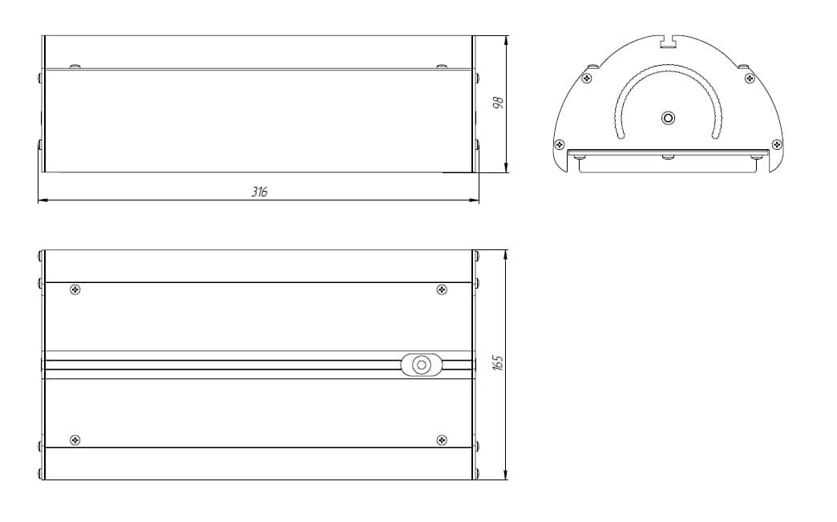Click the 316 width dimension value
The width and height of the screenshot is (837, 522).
[260, 192]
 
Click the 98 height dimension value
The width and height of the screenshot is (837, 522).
[498, 103]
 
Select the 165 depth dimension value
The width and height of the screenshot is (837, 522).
[498, 362]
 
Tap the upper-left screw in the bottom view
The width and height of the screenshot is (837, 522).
[75, 289]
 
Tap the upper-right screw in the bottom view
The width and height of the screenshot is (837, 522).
[442, 289]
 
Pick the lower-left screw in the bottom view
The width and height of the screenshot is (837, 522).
[75, 440]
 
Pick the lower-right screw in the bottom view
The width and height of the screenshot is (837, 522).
[442, 440]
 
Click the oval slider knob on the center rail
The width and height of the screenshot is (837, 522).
[422, 365]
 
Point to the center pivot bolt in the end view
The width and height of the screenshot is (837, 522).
[668, 118]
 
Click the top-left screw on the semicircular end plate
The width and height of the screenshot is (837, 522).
[587, 79]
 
